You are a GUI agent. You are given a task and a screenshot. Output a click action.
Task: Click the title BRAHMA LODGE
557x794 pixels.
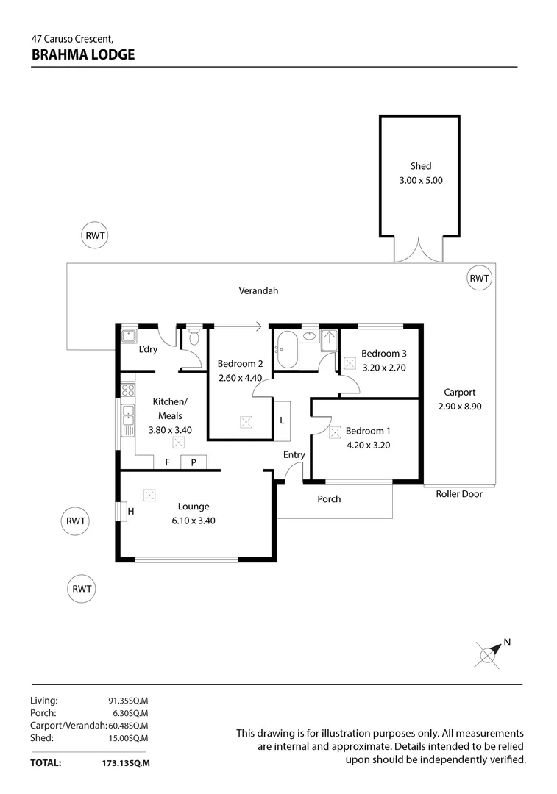pyautogui.click(x=83, y=54)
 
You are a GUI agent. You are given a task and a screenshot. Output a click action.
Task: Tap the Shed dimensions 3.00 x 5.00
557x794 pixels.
pyautogui.click(x=421, y=180)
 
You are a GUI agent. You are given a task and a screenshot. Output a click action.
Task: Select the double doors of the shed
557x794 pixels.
pyautogui.click(x=419, y=251)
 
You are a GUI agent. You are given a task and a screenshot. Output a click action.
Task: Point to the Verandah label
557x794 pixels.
pyautogui.click(x=258, y=290)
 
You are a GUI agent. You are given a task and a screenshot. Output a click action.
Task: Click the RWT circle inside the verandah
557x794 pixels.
pyautogui.click(x=479, y=278)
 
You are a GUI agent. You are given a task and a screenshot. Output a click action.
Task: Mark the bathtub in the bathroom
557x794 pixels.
pyautogui.click(x=286, y=351)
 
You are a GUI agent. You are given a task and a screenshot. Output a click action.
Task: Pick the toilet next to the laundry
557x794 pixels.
pyautogui.click(x=194, y=337)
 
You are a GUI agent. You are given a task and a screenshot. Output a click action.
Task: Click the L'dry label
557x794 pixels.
pyautogui.click(x=148, y=349)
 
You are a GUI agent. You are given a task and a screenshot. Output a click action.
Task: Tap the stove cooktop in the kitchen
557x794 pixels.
pyautogui.click(x=128, y=389)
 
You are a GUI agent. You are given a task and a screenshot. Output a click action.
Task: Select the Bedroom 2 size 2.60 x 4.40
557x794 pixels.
pyautogui.click(x=240, y=378)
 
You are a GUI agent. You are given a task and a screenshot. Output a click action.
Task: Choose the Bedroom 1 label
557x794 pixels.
pyautogui.click(x=368, y=431)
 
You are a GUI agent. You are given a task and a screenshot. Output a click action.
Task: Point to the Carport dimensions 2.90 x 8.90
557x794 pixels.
pyautogui.click(x=460, y=406)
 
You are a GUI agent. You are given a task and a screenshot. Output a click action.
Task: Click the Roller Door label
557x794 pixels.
pyautogui.click(x=459, y=494)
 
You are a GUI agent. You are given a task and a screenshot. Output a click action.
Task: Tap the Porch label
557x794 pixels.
pyautogui.click(x=329, y=499)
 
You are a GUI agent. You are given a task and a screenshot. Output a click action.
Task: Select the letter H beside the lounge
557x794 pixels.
pyautogui.click(x=131, y=511)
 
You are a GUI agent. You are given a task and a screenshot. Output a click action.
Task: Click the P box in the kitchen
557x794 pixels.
pyautogui.click(x=194, y=462)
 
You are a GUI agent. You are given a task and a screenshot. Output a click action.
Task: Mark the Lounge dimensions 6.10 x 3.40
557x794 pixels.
pyautogui.click(x=193, y=520)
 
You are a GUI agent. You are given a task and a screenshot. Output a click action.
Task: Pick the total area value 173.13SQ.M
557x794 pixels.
pyautogui.click(x=126, y=763)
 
